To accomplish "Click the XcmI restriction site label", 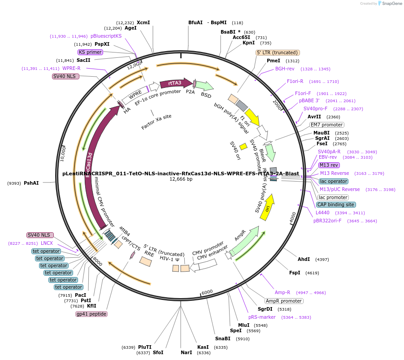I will pyautogui.click(x=143, y=22).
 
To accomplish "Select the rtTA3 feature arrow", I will pyautogui.click(x=175, y=83).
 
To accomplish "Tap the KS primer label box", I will pyautogui.click(x=90, y=52).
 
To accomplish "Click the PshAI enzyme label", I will pyautogui.click(x=31, y=183).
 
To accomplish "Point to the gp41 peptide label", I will pyautogui.click(x=91, y=314).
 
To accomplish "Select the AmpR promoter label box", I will pyautogui.click(x=283, y=301).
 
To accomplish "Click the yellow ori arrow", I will pyautogui.click(x=268, y=207).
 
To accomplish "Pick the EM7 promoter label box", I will pyautogui.click(x=327, y=125).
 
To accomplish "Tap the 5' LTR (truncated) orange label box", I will pyautogui.click(x=278, y=52).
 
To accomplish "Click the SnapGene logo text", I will pyautogui.click(x=391, y=4).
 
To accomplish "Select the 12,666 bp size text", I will pyautogui.click(x=181, y=179).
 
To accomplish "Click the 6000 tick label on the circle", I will pyautogui.click(x=207, y=292).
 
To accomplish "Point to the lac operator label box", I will pyautogui.click(x=334, y=181).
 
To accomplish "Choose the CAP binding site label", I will pyautogui.click(x=336, y=204).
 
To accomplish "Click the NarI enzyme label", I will pyautogui.click(x=186, y=352).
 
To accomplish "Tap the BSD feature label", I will pyautogui.click(x=206, y=95).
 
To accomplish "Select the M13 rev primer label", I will pyautogui.click(x=329, y=165).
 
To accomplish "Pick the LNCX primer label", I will pyautogui.click(x=47, y=243).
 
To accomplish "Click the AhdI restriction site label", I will pyautogui.click(x=304, y=259).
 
